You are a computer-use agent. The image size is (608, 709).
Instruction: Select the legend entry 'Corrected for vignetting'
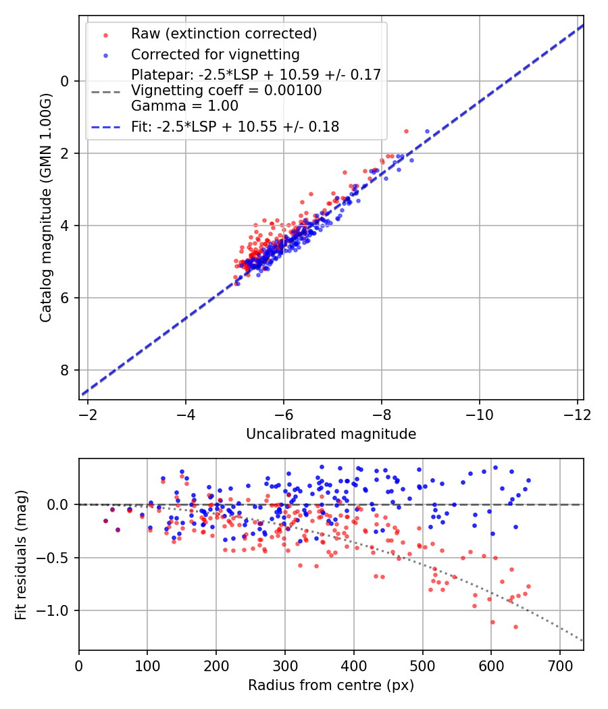[215, 54]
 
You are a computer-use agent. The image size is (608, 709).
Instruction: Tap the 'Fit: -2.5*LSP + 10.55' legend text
[234, 126]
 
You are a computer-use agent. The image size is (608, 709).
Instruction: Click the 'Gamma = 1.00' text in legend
[184, 106]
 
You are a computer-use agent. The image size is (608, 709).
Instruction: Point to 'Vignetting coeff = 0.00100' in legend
[226, 90]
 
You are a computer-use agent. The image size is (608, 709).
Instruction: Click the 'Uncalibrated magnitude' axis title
[331, 434]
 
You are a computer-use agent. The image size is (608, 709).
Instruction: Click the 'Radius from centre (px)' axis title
[331, 685]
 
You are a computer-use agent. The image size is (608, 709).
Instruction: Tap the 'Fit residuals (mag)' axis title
[21, 555]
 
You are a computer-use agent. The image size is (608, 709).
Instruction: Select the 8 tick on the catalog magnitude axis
[65, 370]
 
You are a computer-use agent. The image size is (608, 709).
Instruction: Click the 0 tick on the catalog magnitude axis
[65, 81]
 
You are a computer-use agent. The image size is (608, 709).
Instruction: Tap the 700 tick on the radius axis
[560, 665]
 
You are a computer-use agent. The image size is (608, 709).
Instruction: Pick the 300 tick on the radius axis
[285, 665]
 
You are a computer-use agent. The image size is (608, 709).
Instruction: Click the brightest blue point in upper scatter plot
[427, 131]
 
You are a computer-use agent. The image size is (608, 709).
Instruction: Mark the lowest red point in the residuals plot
[515, 627]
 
